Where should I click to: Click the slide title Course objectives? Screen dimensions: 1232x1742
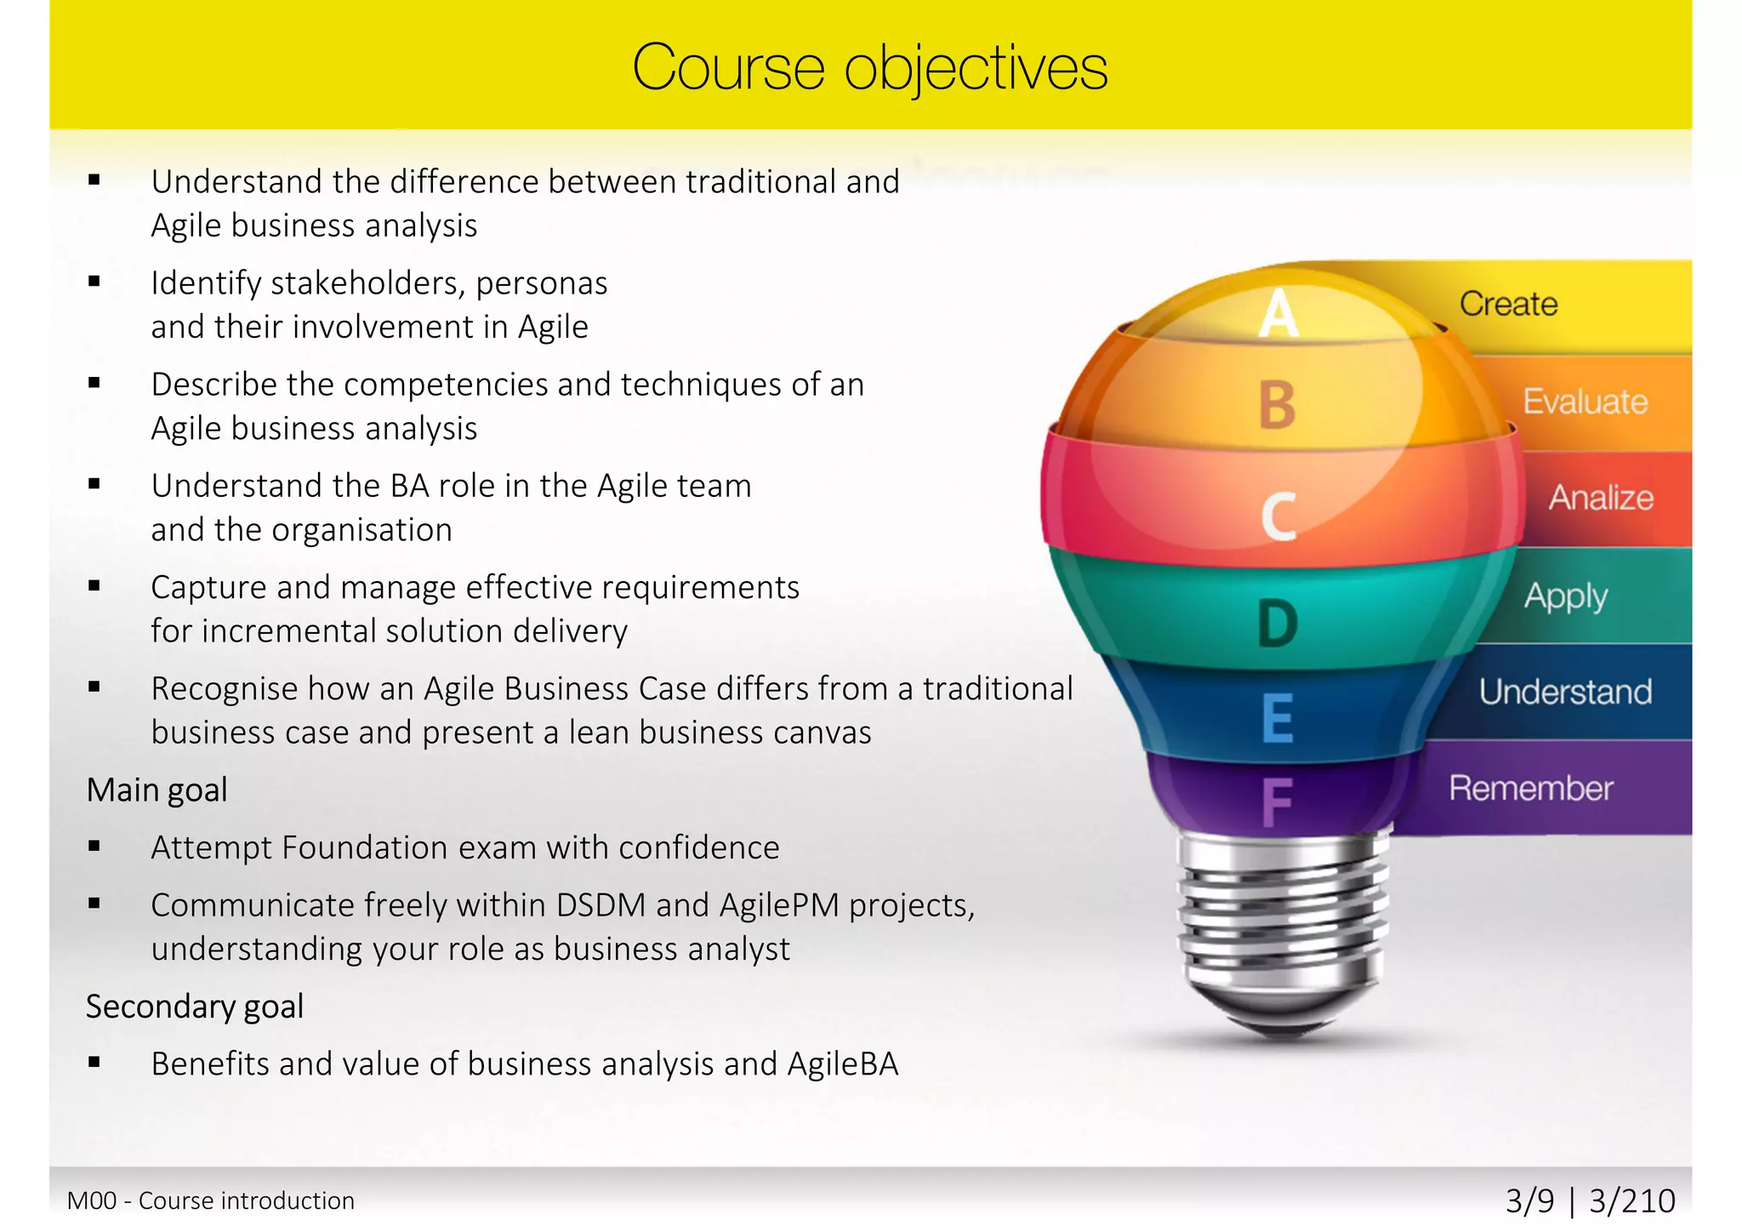click(x=869, y=67)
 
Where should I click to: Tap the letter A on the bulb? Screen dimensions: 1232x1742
click(x=1278, y=313)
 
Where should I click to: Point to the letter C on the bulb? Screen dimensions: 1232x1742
click(x=1278, y=516)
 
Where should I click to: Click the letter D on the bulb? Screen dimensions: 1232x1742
click(x=1278, y=623)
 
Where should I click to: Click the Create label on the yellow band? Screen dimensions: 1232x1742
click(x=1508, y=304)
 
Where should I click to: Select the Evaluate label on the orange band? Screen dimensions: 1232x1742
click(x=1585, y=402)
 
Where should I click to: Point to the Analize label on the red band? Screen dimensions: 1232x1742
click(x=1601, y=498)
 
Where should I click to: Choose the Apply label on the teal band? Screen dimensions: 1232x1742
click(x=1565, y=596)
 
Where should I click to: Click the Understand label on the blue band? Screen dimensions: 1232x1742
click(x=1565, y=692)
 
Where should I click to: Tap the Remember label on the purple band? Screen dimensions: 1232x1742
click(x=1531, y=789)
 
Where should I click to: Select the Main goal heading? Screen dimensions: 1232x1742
click(x=157, y=790)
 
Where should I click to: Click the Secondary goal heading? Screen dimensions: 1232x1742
click(x=195, y=1007)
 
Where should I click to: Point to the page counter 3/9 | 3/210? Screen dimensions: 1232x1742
click(x=1590, y=1201)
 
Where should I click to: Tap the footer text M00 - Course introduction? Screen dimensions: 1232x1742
click(x=211, y=1201)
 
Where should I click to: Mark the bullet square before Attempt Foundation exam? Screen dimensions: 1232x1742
click(x=94, y=847)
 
